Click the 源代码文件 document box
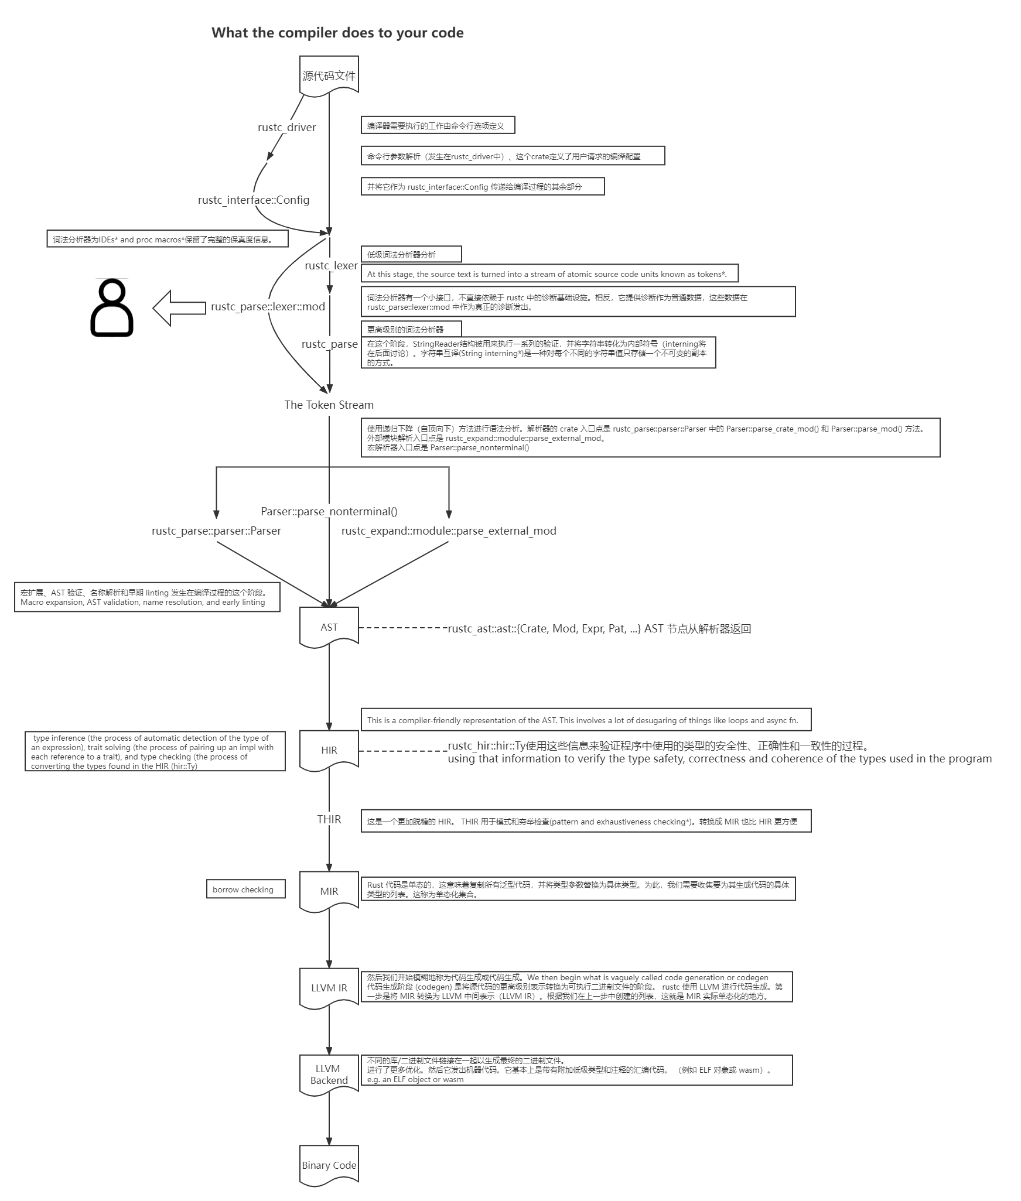coord(329,76)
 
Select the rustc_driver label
coord(286,127)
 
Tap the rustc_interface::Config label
coord(254,200)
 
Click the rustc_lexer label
coord(330,265)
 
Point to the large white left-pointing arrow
coord(179,307)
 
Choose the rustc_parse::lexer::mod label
coord(268,307)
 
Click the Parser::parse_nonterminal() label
coord(329,511)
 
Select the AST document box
coord(329,627)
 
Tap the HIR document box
coord(329,750)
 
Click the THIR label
coord(329,819)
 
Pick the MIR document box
coord(329,891)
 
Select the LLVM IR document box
coord(329,988)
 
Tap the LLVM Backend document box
coord(329,1075)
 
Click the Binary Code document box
coord(329,1165)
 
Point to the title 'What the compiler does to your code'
coord(337,33)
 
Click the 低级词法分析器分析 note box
coord(411,255)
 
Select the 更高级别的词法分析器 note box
coord(411,330)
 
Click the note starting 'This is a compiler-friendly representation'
coord(585,720)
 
